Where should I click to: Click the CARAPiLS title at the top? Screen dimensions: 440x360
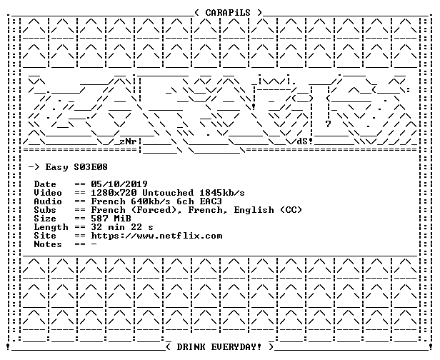228,13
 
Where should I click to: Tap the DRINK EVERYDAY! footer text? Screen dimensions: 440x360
219,347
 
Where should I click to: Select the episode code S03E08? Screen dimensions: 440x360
91,167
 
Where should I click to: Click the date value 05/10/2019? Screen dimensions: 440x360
119,184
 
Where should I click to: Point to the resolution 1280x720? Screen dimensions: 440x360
114,193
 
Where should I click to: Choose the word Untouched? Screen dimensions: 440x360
168,193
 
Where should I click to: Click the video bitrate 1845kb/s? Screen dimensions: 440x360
221,193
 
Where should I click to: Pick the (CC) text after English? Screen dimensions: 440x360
291,210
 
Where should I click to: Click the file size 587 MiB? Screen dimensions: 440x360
111,219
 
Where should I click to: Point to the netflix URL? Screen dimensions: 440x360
156,236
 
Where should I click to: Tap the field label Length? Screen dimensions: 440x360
51,227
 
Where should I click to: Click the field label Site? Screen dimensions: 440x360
45,236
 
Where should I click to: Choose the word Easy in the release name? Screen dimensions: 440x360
56,168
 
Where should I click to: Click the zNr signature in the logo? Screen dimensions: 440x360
129,141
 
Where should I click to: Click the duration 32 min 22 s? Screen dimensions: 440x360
122,227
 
